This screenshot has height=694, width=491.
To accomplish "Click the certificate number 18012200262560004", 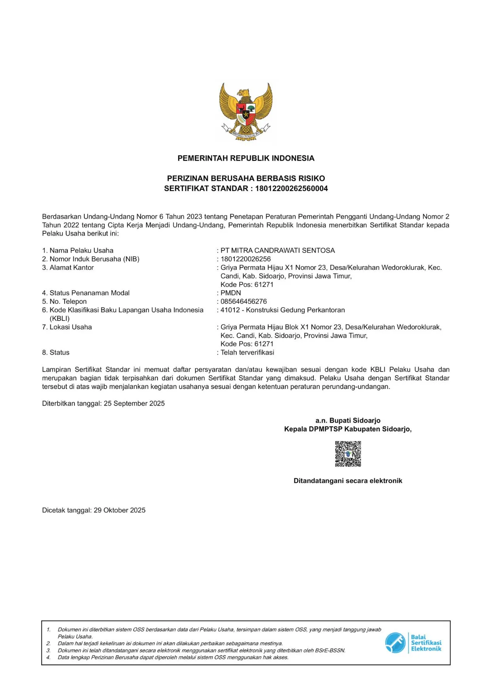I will [291, 188].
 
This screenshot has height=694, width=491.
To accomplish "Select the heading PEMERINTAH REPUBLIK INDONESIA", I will [246, 158].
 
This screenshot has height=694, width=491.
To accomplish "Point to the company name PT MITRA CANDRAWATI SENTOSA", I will [278, 250].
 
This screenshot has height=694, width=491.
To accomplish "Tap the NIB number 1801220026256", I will [246, 259].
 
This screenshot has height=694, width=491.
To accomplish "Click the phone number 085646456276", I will [244, 301].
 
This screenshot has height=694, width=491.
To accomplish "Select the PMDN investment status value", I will [230, 293].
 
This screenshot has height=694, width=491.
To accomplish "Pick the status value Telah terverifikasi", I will [247, 353].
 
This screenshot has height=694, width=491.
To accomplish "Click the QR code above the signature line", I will [348, 454].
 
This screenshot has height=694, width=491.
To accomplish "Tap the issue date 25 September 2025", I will [134, 404].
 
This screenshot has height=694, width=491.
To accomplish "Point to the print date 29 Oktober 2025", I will [120, 510].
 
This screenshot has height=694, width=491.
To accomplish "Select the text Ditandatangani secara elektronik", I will [348, 481].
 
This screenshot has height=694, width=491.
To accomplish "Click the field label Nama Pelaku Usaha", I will [81, 250].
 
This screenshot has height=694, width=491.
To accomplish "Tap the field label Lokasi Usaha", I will [70, 327].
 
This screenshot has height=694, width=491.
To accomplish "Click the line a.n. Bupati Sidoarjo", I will [348, 421].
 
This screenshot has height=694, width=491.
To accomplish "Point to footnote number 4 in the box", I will [48, 657].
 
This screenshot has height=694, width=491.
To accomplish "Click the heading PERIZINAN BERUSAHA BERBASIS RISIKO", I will [246, 178].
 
